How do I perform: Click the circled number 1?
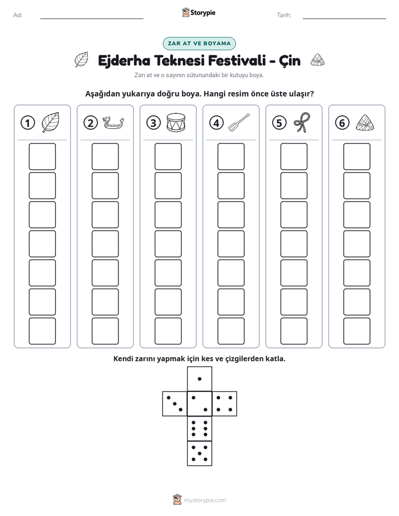point(27,123)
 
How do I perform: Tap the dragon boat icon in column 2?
point(113,123)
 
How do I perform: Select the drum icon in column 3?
point(176,123)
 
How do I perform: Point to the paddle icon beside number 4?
point(239,122)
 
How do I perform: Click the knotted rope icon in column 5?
point(302,122)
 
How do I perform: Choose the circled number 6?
point(342,123)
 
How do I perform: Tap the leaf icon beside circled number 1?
point(50,122)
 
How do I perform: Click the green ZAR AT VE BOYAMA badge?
point(199,44)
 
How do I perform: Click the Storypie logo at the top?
point(198,12)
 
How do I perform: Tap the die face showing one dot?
point(199,379)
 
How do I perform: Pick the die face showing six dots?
point(199,428)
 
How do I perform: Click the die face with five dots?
point(199,453)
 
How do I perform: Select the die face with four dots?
point(225,404)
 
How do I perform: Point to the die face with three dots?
point(175,404)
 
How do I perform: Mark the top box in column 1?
point(42,156)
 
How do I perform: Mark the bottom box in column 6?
point(357,331)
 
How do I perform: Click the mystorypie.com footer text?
point(205,500)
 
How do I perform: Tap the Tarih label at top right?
point(284,15)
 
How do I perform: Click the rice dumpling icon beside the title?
point(317,60)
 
